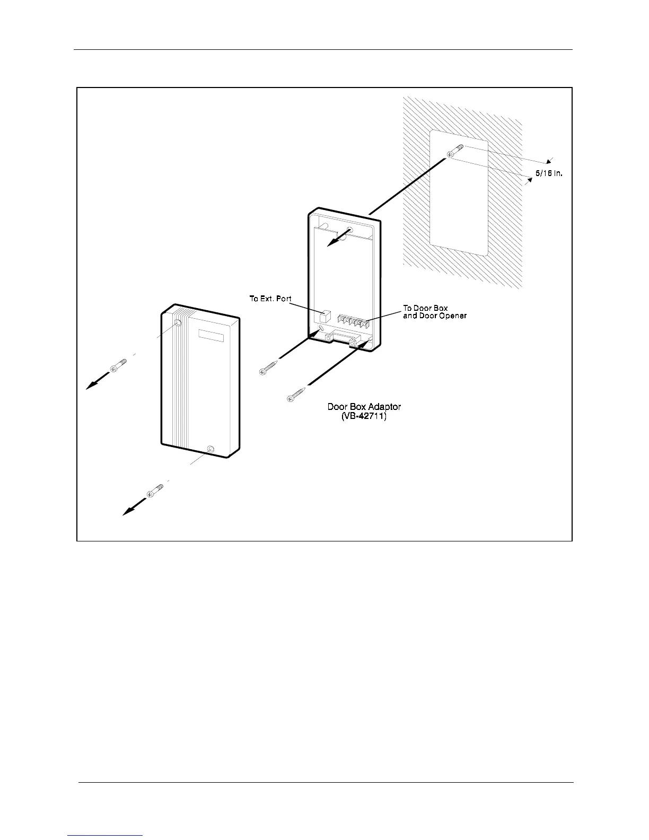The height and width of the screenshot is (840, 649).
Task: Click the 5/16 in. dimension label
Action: point(548,173)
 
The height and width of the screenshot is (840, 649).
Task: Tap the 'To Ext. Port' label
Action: point(270,299)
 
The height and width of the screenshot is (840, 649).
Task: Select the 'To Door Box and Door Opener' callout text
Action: point(434,312)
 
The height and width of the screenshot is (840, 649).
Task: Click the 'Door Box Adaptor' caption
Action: point(364,407)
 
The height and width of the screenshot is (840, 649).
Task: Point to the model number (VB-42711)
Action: point(364,417)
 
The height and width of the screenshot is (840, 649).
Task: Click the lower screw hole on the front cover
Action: point(211,449)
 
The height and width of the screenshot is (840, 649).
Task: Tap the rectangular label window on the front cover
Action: point(212,335)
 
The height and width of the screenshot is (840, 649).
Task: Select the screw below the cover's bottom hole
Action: point(156,491)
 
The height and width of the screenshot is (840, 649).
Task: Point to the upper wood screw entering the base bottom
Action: point(269,368)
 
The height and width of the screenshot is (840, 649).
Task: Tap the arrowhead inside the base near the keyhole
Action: point(331,242)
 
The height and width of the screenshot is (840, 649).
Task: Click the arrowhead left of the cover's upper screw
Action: point(91,386)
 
